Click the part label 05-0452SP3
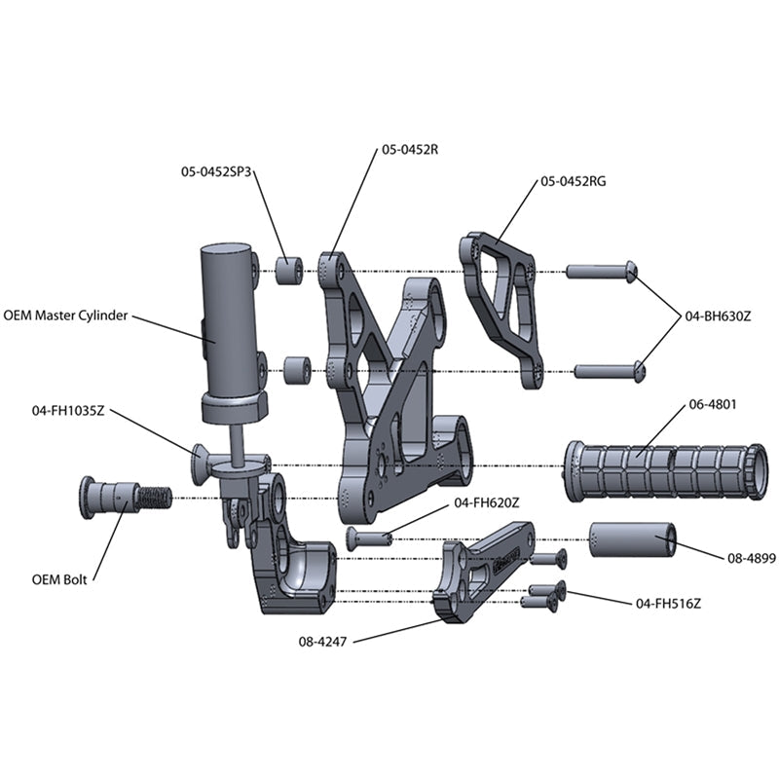(217, 170)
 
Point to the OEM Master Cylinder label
(65, 315)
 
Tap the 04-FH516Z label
(668, 604)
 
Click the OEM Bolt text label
(59, 579)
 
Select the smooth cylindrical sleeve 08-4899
(632, 538)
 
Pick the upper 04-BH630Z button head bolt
(601, 271)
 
